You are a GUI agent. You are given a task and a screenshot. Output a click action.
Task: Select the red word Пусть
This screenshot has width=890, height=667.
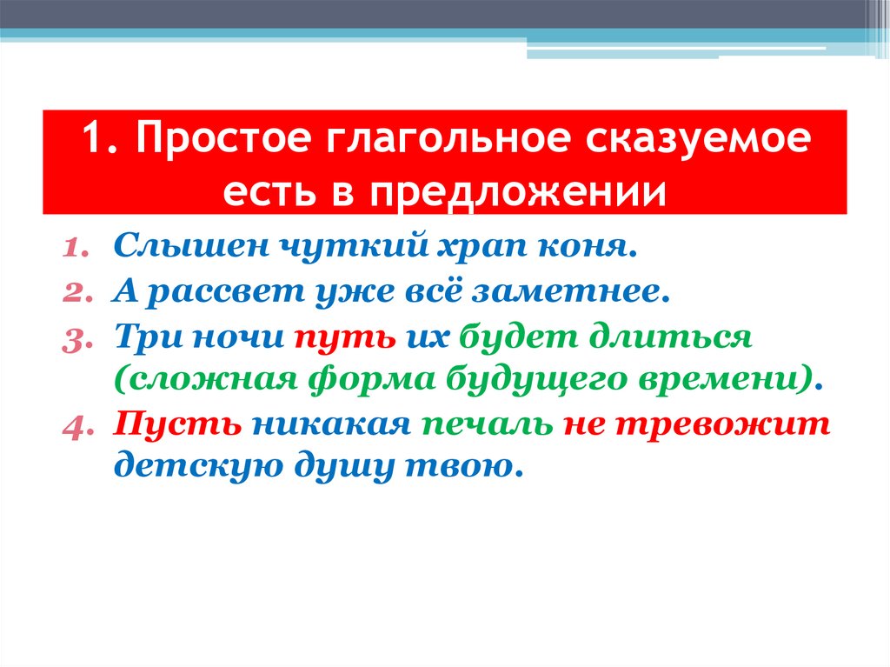176,424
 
